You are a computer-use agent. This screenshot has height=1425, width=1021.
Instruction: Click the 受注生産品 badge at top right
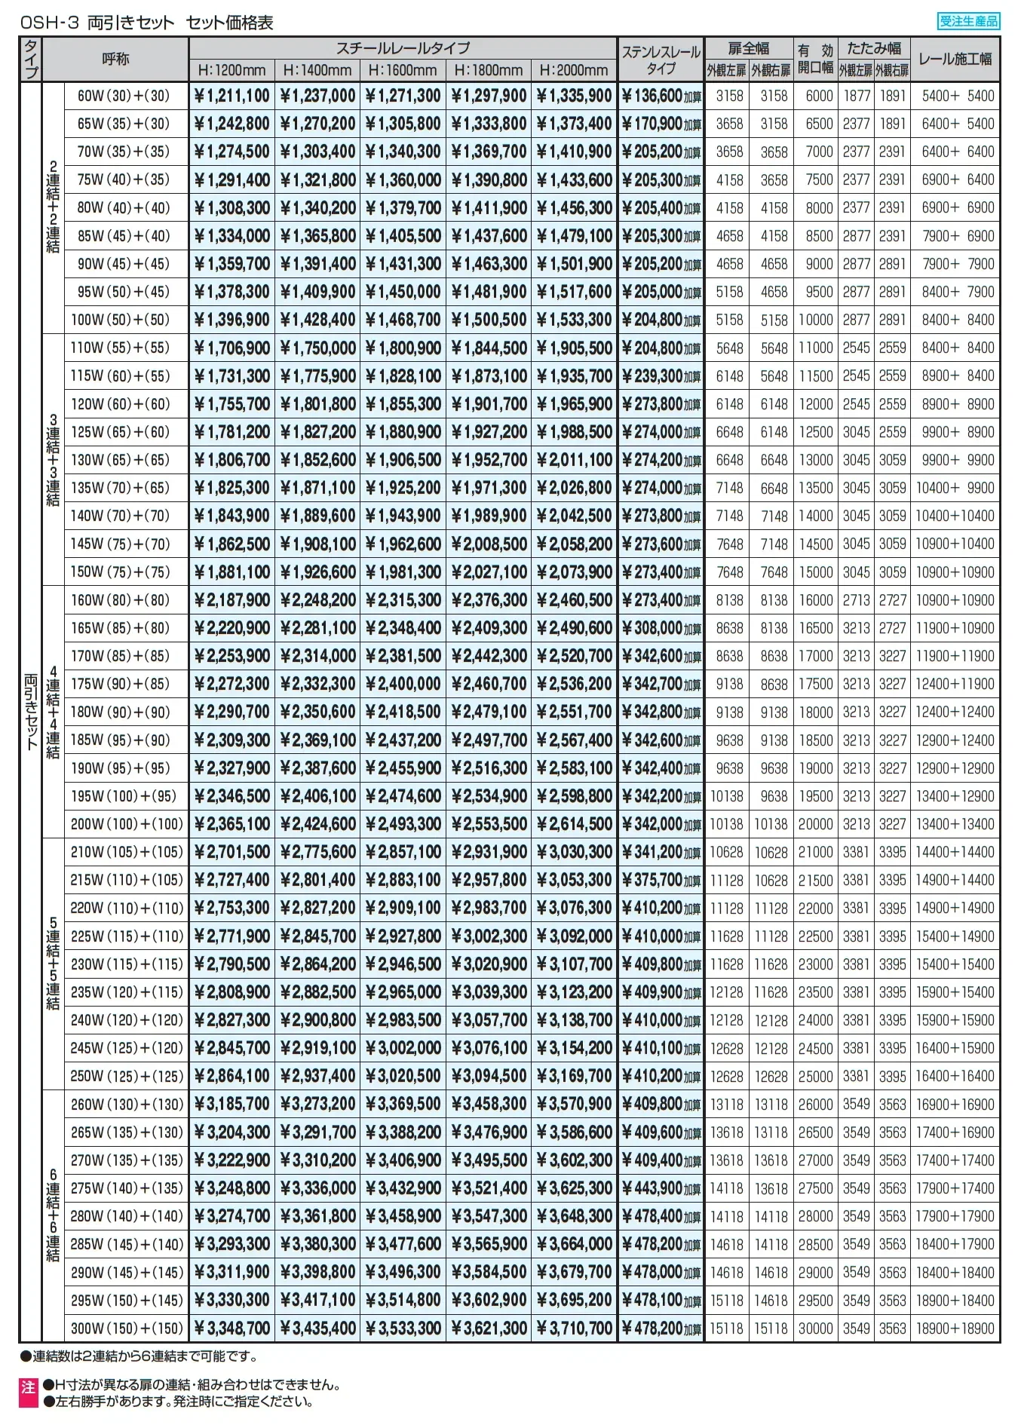tap(969, 21)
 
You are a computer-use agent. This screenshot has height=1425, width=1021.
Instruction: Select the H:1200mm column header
tap(231, 70)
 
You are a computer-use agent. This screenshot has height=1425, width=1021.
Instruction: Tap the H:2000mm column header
tap(574, 70)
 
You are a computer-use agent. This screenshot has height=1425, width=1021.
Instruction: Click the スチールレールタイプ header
tap(403, 48)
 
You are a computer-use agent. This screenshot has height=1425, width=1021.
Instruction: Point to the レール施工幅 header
tap(955, 59)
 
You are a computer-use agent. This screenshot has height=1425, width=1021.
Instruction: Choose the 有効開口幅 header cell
tap(815, 59)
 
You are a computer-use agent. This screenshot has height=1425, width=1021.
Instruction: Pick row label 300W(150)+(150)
tap(127, 1328)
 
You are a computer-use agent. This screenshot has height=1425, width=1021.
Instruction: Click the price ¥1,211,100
tap(231, 96)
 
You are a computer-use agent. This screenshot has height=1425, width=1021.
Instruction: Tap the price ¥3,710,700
tap(575, 1328)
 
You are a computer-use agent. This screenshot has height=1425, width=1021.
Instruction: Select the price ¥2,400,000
tap(403, 684)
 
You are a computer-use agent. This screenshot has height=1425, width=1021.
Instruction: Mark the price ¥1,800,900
tap(403, 348)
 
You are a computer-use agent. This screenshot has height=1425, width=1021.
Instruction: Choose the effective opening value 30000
tap(816, 1328)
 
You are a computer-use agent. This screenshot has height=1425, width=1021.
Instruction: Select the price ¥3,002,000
tap(403, 1048)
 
